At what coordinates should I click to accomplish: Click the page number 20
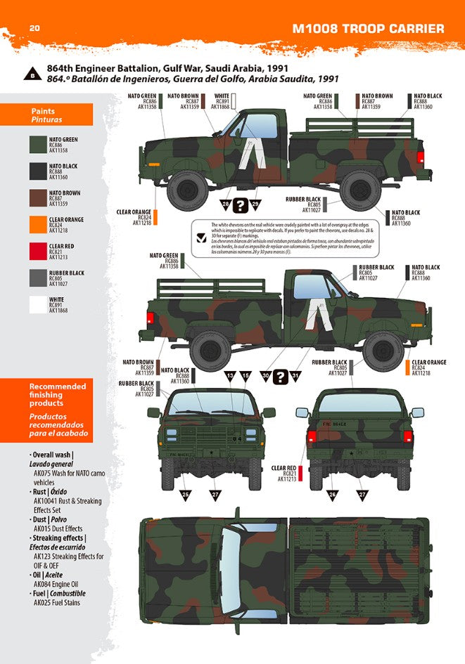click(34, 28)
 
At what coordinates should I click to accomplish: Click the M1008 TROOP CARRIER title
click(368, 29)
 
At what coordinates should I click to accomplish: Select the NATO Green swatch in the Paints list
click(38, 144)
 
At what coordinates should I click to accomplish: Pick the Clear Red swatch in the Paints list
click(38, 251)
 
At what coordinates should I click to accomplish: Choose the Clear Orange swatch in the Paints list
click(38, 224)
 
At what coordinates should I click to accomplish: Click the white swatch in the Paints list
click(38, 304)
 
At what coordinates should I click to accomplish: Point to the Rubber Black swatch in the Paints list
click(38, 278)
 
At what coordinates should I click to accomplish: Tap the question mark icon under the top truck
click(241, 205)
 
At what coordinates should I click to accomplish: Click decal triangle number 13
click(229, 377)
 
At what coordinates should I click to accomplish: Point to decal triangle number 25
click(186, 495)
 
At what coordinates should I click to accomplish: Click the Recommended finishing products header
click(58, 395)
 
